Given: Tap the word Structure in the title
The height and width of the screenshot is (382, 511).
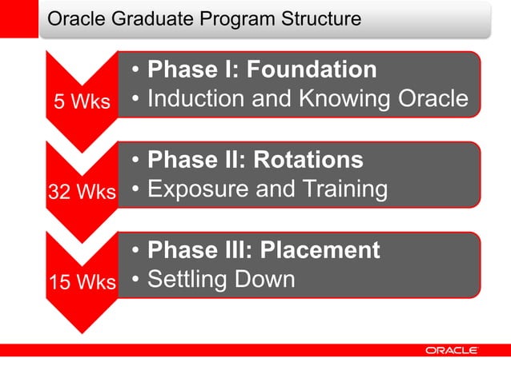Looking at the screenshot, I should coord(320,18).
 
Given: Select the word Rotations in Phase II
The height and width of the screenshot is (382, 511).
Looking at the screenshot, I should coord(308,160).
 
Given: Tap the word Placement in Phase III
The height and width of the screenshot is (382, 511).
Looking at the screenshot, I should coord(316,250).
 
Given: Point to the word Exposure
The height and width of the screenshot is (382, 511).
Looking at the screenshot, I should coord(198,190).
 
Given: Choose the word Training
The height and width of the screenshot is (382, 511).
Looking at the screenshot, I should coord(342,190).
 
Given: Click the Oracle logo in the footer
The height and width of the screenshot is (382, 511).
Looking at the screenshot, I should coord(452,350).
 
